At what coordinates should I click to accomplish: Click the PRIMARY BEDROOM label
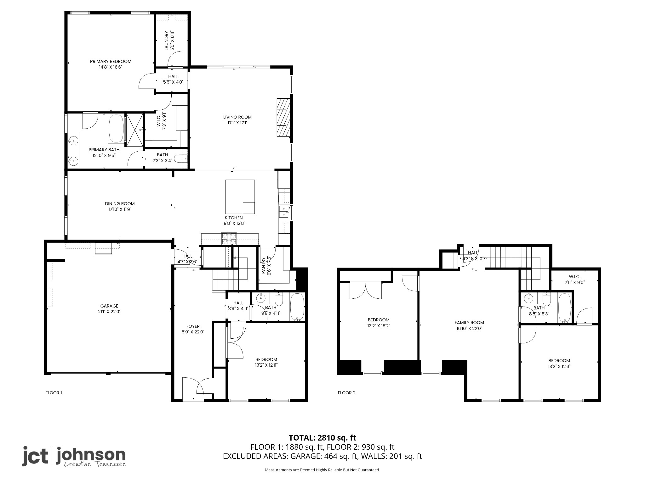pyautogui.click(x=111, y=61)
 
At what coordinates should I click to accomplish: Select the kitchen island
pyautogui.click(x=240, y=197)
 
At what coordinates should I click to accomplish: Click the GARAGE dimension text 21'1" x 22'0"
pyautogui.click(x=109, y=312)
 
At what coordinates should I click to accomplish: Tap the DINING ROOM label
pyautogui.click(x=120, y=203)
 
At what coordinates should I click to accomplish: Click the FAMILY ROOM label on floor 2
pyautogui.click(x=469, y=322)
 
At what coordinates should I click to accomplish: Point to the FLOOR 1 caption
pyautogui.click(x=54, y=393)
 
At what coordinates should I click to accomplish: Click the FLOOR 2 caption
pyautogui.click(x=346, y=393)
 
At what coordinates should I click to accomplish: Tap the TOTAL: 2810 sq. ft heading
pyautogui.click(x=322, y=438)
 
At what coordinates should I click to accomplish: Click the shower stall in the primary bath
pyautogui.click(x=135, y=130)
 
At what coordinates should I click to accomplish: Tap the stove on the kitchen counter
pyautogui.click(x=229, y=238)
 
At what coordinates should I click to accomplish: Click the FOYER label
pyautogui.click(x=193, y=326)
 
